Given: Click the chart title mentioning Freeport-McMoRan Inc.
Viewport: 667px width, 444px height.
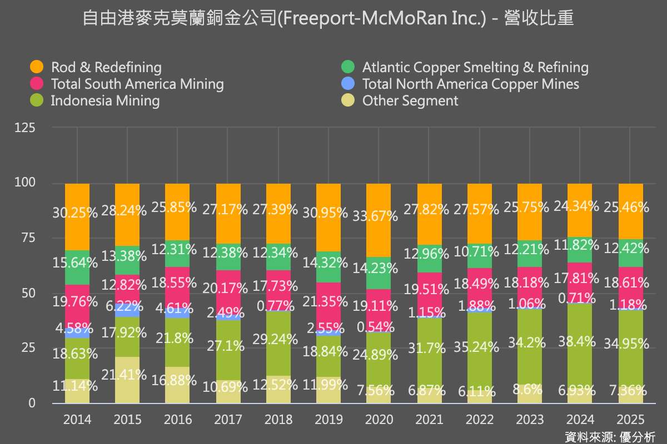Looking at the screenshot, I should (x=328, y=19).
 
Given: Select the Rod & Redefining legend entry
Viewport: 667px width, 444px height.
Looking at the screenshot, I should (x=106, y=68).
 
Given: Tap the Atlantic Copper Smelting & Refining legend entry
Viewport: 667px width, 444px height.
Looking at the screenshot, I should (x=475, y=68).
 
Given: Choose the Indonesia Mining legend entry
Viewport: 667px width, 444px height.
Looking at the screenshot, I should (x=105, y=101).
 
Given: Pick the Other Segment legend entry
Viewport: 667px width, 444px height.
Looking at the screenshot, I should (x=410, y=101).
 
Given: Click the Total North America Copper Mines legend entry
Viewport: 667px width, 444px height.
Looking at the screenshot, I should (x=470, y=84).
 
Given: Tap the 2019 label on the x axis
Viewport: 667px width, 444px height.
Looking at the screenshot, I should (x=328, y=419).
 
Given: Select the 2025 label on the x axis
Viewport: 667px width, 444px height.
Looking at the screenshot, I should (x=630, y=419).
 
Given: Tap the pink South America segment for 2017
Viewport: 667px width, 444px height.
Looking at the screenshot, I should (x=228, y=294).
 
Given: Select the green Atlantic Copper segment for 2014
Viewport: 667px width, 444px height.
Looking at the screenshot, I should (x=77, y=268).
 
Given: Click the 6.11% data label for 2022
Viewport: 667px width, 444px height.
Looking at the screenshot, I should (x=479, y=391).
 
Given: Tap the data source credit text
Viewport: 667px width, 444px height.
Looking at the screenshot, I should (x=610, y=436).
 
